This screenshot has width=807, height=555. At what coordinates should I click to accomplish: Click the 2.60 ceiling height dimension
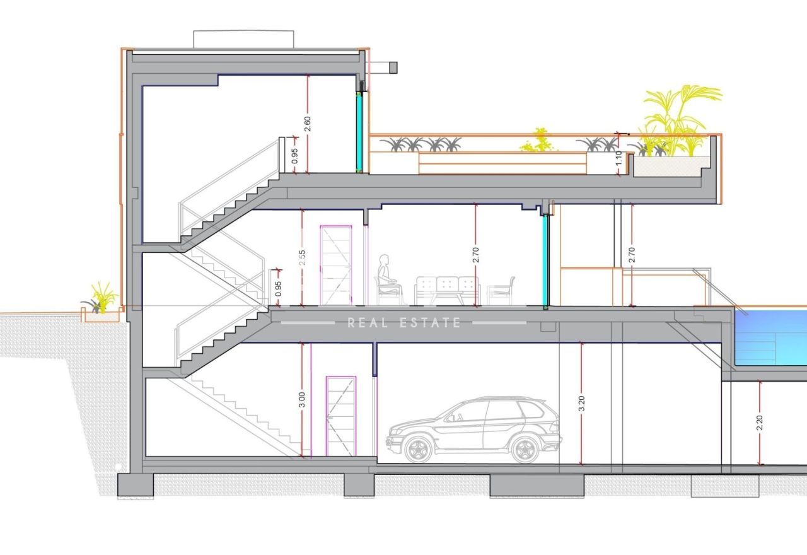[x=308, y=124]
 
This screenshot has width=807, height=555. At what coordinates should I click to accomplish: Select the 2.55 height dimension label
[x=303, y=258]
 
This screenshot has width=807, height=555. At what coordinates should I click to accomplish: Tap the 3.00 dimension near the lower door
[x=302, y=399]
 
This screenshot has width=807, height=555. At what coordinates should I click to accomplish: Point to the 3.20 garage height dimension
[x=581, y=404]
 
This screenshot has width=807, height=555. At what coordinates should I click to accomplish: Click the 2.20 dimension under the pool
[x=760, y=423]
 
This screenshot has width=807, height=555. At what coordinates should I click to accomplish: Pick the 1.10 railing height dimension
[x=618, y=158]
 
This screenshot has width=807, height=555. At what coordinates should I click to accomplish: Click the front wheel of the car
[x=418, y=449]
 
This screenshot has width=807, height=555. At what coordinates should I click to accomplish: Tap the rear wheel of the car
[x=525, y=449]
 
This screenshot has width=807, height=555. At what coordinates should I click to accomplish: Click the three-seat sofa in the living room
[x=448, y=291]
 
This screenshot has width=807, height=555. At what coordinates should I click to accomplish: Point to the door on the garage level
[x=341, y=416]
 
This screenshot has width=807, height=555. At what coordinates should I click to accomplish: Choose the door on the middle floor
[x=336, y=266]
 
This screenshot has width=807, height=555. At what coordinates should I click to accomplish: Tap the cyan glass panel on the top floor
[x=359, y=132]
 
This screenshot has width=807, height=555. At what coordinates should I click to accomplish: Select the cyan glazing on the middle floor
[x=546, y=260]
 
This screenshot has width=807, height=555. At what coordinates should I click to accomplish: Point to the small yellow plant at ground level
[x=104, y=297]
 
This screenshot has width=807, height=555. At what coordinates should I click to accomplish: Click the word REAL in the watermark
[x=368, y=322]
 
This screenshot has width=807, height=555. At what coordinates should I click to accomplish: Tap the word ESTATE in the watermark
[x=430, y=322]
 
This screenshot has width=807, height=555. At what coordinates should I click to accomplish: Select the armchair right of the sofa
[x=501, y=291]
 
